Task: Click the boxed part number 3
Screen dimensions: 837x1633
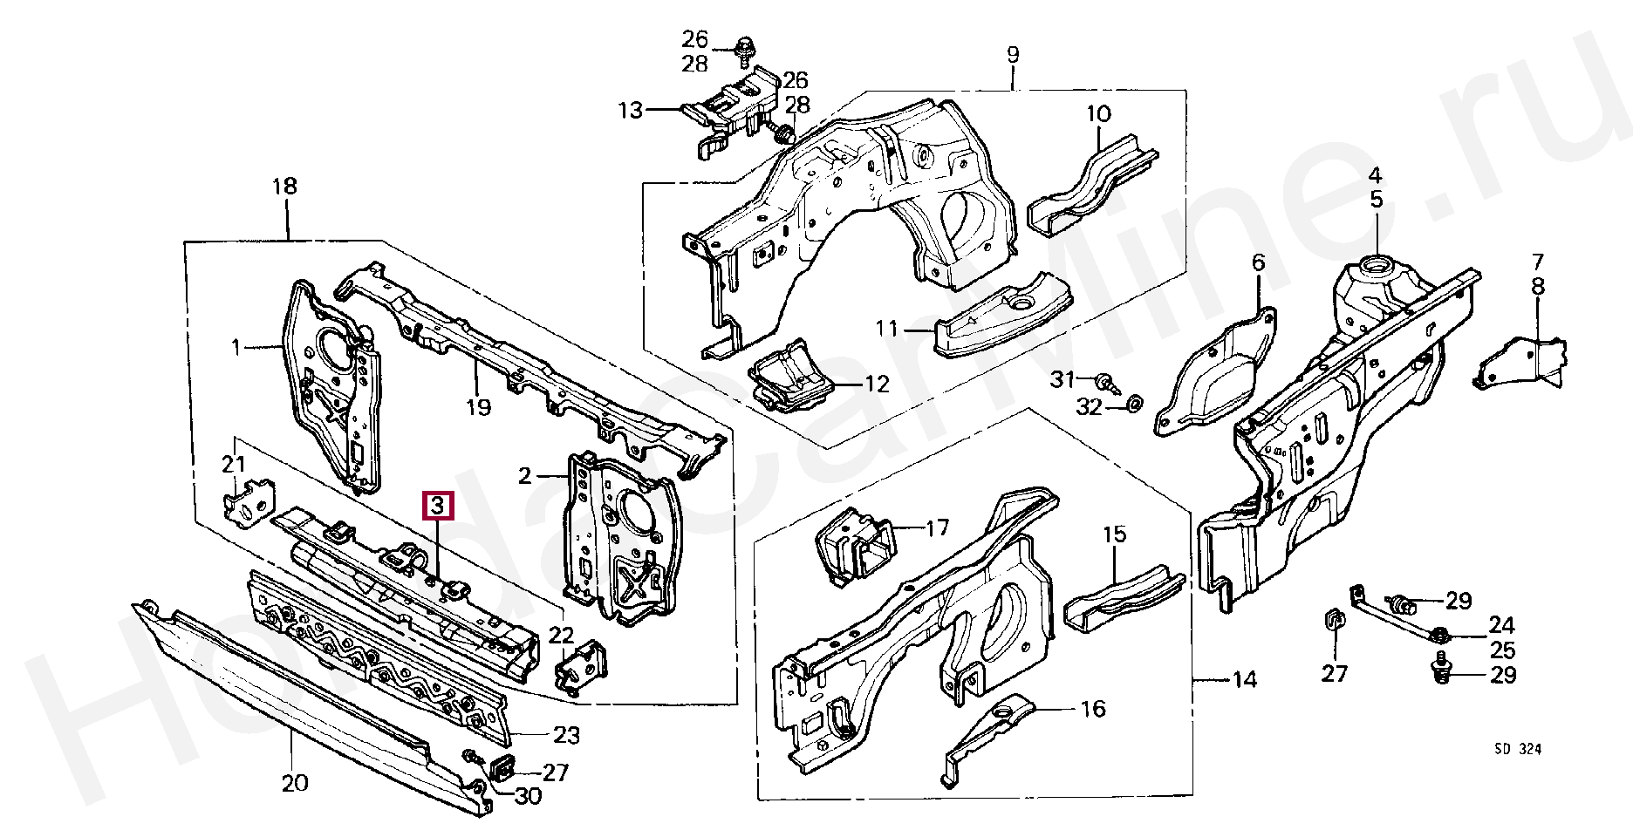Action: click(437, 506)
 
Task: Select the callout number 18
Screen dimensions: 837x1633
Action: click(284, 187)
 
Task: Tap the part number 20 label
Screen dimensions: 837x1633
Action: click(295, 783)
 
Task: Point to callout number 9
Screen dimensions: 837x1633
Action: click(1012, 55)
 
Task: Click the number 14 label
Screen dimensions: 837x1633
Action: click(1244, 679)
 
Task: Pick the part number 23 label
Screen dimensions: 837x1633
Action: click(566, 736)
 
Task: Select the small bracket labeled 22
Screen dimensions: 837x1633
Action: click(579, 669)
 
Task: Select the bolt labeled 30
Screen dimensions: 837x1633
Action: click(472, 758)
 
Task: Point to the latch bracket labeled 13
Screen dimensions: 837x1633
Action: click(729, 109)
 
